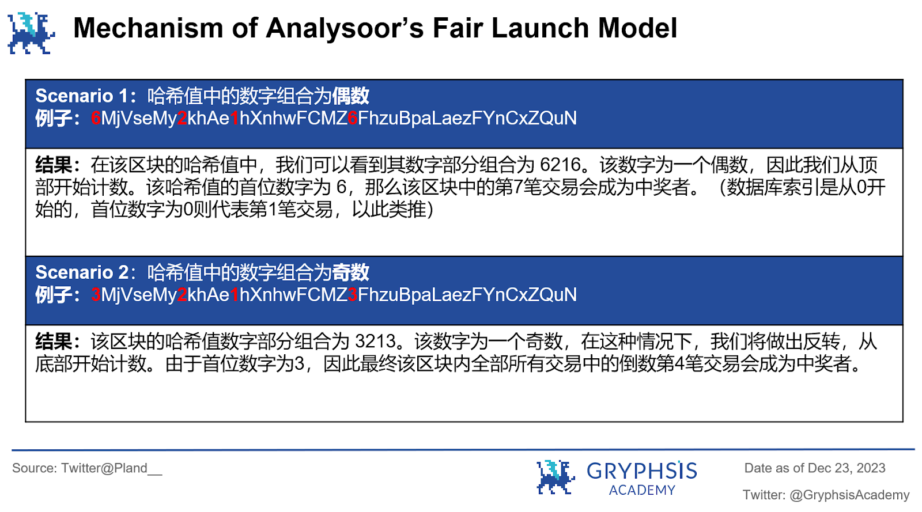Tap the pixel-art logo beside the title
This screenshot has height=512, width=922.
coord(31,33)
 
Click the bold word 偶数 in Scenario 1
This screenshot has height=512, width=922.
coord(350,96)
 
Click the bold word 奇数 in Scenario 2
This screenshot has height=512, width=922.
coord(350,272)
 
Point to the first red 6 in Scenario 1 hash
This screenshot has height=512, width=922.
coord(96,119)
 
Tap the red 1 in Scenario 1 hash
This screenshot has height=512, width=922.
coord(235,119)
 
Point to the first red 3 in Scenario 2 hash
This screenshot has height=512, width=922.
coord(96,295)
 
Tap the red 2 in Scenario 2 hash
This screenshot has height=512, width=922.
coord(182,295)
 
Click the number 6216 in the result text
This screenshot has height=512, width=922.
coord(560,165)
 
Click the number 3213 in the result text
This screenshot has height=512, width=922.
coord(375,342)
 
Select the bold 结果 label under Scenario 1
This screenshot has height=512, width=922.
coord(54,165)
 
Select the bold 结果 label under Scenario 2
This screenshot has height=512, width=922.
coord(54,342)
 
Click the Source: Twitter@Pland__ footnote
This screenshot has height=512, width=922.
coord(87,468)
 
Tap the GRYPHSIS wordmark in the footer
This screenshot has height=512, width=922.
coord(641,471)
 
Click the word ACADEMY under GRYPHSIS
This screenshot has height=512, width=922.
coord(642,490)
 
